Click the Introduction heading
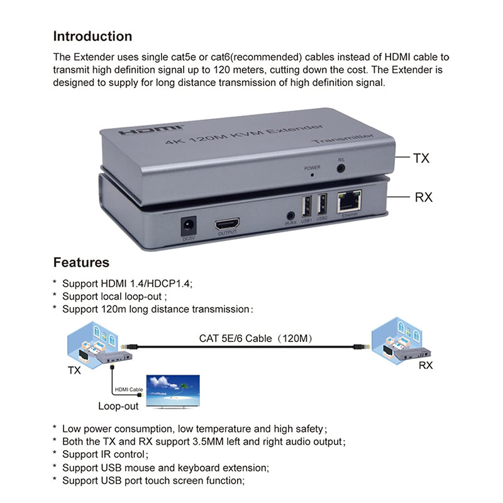[x=92, y=36]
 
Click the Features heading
[x=81, y=262]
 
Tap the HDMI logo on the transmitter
[x=151, y=130]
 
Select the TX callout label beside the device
[x=421, y=158]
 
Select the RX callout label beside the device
[x=423, y=197]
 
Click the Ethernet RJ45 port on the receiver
[x=349, y=201]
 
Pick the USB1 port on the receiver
[x=306, y=206]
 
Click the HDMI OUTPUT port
[x=227, y=224]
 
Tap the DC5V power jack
[x=189, y=226]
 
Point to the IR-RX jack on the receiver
[x=290, y=215]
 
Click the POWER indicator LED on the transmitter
[x=312, y=175]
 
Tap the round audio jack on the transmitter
[x=341, y=168]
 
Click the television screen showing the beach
[x=173, y=390]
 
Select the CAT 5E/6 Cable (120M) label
[x=256, y=338]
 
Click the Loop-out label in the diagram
[x=118, y=406]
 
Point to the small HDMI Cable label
[x=129, y=389]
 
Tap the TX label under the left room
[x=74, y=370]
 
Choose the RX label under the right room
[x=426, y=365]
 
